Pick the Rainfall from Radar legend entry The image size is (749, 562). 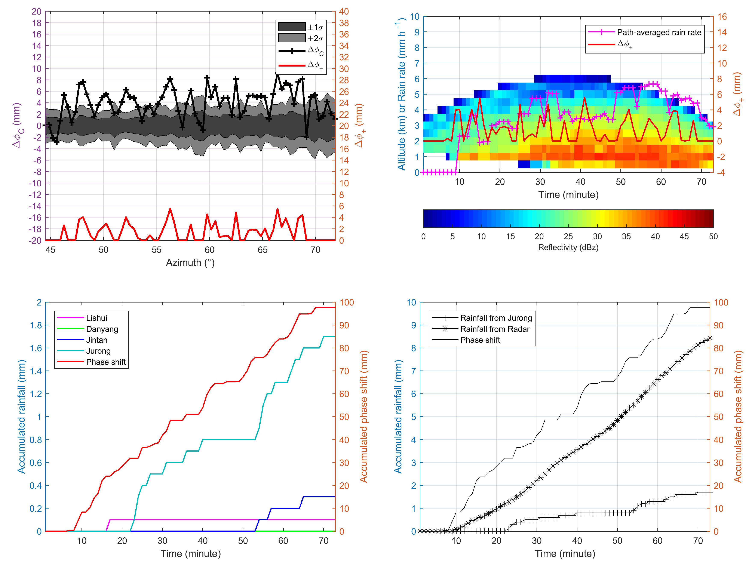[x=494, y=329]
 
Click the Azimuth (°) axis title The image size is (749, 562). [x=190, y=263]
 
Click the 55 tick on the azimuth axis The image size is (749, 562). [x=156, y=250]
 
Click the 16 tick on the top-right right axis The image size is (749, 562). [x=722, y=17]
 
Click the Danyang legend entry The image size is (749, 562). [x=102, y=329]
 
